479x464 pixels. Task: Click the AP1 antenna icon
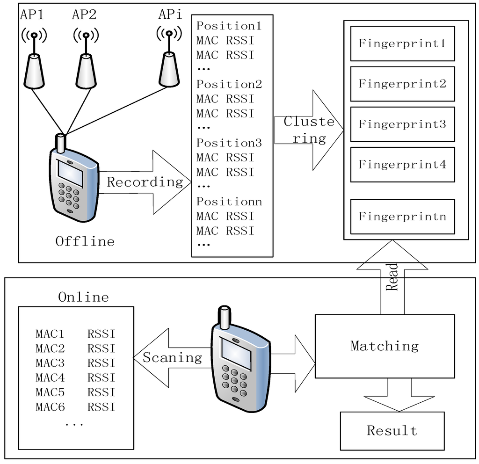[34, 58]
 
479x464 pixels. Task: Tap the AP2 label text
[84, 14]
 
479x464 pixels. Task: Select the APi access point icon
[169, 56]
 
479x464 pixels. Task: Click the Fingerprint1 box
[402, 43]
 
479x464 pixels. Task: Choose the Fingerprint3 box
[402, 124]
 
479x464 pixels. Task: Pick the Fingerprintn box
[402, 217]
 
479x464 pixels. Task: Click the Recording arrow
[145, 182]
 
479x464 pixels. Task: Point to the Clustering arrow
[309, 130]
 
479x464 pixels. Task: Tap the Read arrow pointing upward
[392, 277]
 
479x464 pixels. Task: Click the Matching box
[385, 346]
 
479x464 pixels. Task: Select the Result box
[392, 431]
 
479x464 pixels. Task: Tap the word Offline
[85, 241]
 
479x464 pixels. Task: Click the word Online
[83, 297]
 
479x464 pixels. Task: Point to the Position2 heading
[229, 84]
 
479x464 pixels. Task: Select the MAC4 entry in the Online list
[50, 377]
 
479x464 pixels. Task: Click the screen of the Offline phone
[70, 173]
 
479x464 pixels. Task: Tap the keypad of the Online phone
[235, 380]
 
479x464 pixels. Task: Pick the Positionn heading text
[229, 202]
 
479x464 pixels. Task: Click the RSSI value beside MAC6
[102, 407]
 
